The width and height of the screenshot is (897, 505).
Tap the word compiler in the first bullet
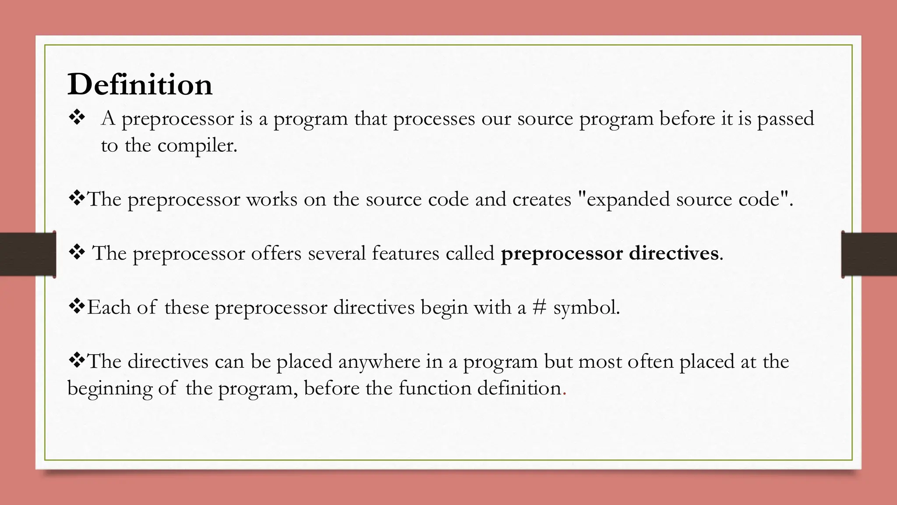[x=197, y=146]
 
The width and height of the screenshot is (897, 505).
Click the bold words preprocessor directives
[x=610, y=253]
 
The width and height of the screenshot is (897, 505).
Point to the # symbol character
[x=539, y=307]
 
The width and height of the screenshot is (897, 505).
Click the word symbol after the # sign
[x=586, y=307]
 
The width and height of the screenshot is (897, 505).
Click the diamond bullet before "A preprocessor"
[x=77, y=118]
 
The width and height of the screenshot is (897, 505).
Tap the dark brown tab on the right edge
[x=869, y=254]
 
